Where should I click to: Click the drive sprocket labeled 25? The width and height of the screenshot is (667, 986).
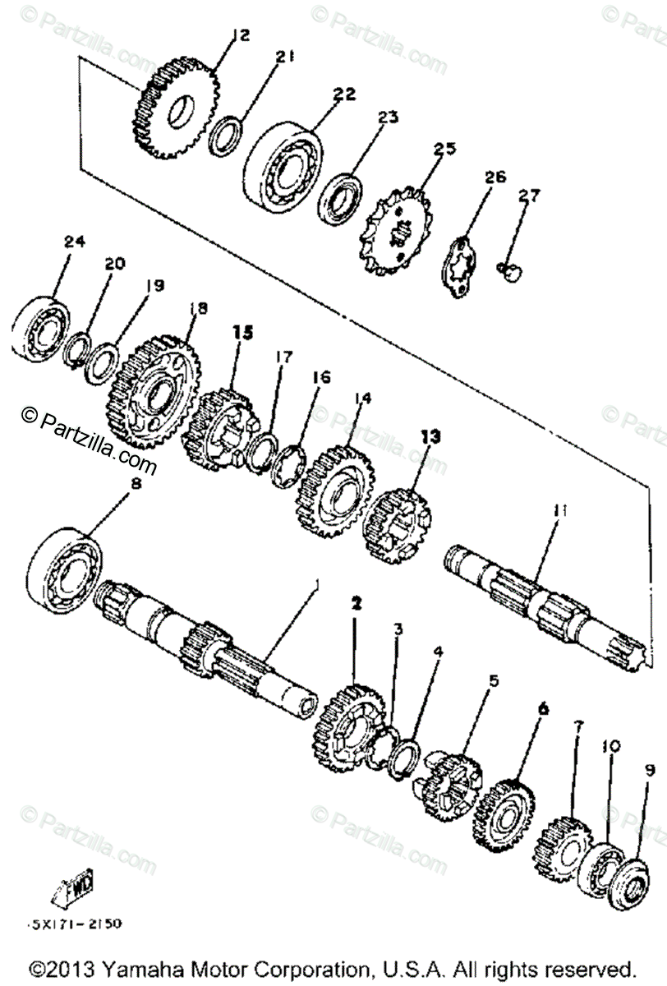(398, 229)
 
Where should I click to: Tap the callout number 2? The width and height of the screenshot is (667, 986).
(356, 603)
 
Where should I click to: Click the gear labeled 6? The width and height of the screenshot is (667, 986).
(503, 813)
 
